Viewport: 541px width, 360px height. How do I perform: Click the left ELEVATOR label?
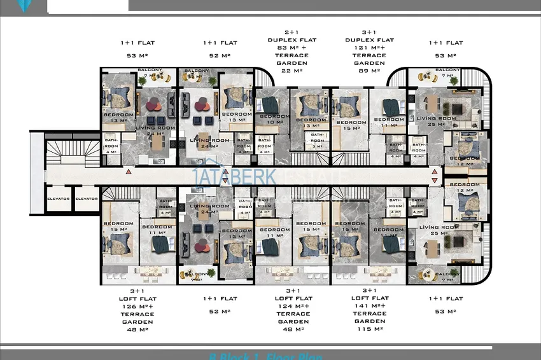(x=58, y=198)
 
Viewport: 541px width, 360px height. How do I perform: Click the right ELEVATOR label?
(x=87, y=198)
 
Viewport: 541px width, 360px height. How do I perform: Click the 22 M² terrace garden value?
(x=293, y=71)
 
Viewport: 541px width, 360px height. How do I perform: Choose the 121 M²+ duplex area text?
(x=369, y=48)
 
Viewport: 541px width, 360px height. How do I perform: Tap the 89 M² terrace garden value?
(x=369, y=71)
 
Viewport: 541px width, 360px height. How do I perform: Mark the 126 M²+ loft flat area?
(x=137, y=306)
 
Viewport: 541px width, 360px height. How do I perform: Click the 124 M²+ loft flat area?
(x=293, y=306)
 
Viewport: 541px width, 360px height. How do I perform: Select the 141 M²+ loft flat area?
(x=369, y=306)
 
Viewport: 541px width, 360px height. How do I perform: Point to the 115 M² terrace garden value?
(x=369, y=329)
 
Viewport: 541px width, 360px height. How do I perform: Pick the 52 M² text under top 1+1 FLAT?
(x=220, y=55)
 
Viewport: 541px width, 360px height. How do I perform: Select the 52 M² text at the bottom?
(x=220, y=311)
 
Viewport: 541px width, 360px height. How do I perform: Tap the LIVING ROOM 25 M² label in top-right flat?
(x=436, y=121)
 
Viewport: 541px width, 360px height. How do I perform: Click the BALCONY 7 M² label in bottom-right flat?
(x=446, y=277)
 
